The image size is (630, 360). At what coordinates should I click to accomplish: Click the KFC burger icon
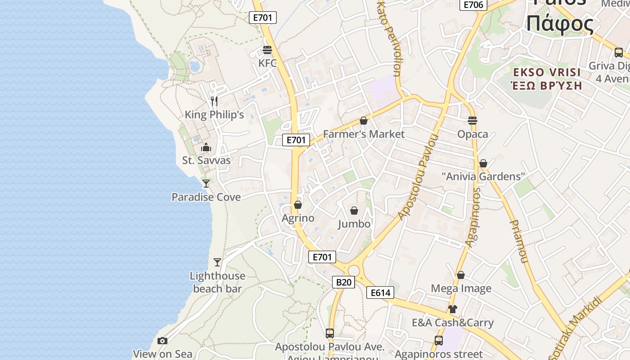pyautogui.click(x=267, y=49)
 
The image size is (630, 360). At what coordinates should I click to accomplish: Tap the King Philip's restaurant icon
pyautogui.click(x=214, y=101)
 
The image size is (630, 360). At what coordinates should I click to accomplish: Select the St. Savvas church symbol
pyautogui.click(x=206, y=147)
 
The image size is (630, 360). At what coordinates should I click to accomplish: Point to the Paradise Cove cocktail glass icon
pyautogui.click(x=206, y=183)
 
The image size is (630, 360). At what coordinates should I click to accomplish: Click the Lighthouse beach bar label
pyautogui.click(x=217, y=282)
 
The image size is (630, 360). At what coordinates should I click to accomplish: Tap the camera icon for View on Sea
pyautogui.click(x=162, y=341)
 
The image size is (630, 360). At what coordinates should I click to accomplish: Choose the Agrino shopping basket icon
pyautogui.click(x=297, y=205)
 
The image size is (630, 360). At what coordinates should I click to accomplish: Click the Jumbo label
pyautogui.click(x=354, y=224)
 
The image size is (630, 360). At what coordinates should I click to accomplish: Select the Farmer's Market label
pyautogui.click(x=364, y=134)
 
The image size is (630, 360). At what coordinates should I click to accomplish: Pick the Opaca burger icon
pyautogui.click(x=472, y=120)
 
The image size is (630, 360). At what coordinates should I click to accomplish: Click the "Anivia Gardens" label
pyautogui.click(x=483, y=176)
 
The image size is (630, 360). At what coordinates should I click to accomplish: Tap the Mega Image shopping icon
pyautogui.click(x=461, y=274)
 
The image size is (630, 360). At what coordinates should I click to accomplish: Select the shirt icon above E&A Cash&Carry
pyautogui.click(x=452, y=309)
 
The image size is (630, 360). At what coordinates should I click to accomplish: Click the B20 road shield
pyautogui.click(x=343, y=282)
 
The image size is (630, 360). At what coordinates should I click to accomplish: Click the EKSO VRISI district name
pyautogui.click(x=547, y=72)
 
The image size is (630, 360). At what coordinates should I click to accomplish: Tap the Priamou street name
pyautogui.click(x=519, y=241)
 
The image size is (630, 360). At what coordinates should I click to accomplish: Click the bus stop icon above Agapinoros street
pyautogui.click(x=438, y=341)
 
